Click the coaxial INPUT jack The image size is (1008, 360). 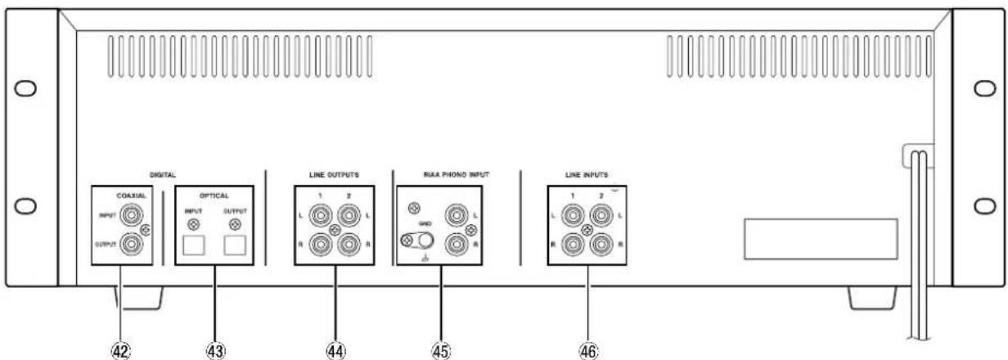coord(131,215)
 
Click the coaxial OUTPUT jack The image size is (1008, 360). coord(131,245)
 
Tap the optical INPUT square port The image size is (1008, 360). coord(194,245)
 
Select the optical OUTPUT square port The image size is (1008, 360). coord(235,245)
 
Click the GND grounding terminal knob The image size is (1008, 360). coord(425,241)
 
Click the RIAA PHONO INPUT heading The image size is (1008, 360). coord(457,174)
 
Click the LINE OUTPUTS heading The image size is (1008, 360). coord(334,174)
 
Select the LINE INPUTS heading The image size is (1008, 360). coord(587,174)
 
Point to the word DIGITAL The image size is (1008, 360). coord(163,174)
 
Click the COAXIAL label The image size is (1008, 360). coord(132,196)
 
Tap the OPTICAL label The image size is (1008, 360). coord(214,196)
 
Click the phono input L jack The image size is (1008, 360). coord(457,215)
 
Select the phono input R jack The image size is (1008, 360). coord(457,245)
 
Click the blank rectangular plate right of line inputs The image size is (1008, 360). coord(821,239)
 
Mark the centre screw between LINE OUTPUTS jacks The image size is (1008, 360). coord(335,231)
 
